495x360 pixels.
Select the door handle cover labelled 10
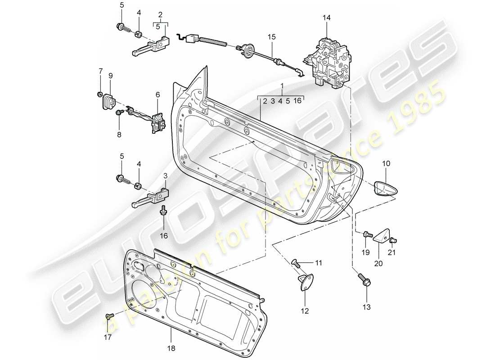pyautogui.click(x=386, y=188)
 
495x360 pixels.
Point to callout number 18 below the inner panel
pyautogui.click(x=171, y=347)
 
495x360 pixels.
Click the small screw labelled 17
pyautogui.click(x=109, y=317)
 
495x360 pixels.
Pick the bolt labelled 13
pyautogui.click(x=363, y=281)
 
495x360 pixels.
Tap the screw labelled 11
pyautogui.click(x=297, y=263)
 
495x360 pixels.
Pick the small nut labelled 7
pyautogui.click(x=98, y=94)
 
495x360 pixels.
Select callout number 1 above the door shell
pyautogui.click(x=281, y=85)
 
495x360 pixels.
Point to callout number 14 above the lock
pyautogui.click(x=326, y=18)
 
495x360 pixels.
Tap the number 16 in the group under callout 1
pyautogui.click(x=297, y=101)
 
